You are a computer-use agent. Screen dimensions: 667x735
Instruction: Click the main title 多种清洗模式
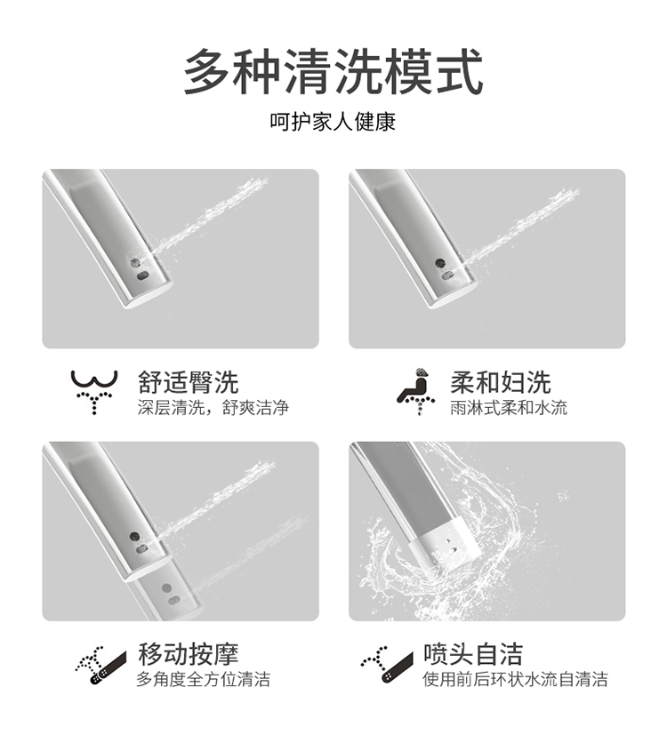(x=333, y=72)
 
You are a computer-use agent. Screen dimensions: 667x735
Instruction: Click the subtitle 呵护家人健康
(x=333, y=122)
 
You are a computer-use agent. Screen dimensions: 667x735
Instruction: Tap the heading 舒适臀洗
(x=189, y=382)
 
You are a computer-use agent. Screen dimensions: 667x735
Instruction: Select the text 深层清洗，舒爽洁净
(x=213, y=407)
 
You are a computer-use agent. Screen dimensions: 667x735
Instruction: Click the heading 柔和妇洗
(x=500, y=382)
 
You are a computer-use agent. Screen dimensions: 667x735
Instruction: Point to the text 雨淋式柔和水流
(x=509, y=407)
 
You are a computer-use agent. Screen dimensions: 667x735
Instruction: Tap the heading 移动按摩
(x=189, y=654)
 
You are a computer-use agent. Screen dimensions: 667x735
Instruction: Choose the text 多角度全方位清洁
(x=204, y=679)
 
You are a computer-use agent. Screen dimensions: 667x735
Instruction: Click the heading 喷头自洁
(x=473, y=654)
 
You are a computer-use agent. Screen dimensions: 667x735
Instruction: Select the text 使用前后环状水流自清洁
(x=515, y=679)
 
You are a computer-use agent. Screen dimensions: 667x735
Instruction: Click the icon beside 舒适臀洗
(x=94, y=392)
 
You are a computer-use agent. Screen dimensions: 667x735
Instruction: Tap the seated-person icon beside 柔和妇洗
(x=415, y=392)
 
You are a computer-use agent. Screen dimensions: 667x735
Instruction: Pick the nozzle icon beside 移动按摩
(x=100, y=665)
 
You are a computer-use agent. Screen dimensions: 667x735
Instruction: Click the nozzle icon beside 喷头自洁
(x=387, y=665)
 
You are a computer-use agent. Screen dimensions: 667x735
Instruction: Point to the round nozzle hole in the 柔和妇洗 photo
(x=440, y=263)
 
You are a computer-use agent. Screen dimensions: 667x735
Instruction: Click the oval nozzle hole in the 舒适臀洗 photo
(x=143, y=276)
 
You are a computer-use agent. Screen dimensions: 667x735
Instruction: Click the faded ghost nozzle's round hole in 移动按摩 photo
(x=166, y=587)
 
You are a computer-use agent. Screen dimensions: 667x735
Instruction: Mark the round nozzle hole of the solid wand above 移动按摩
(x=134, y=536)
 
